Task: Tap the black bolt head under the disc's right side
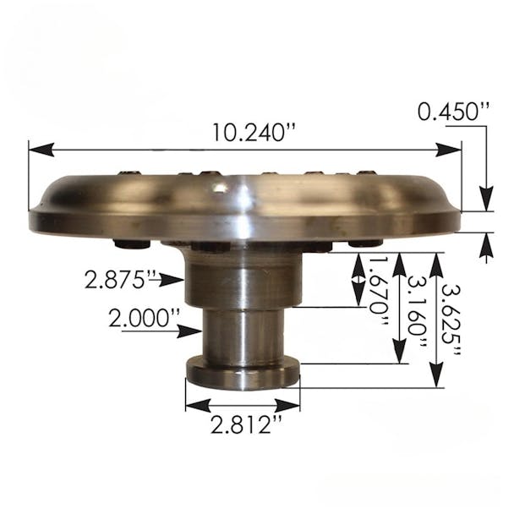coord(364,243)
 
